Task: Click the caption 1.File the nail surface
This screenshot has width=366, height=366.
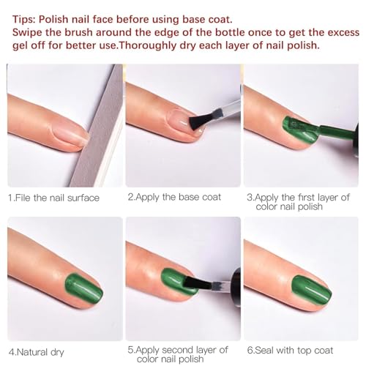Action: pos(54,197)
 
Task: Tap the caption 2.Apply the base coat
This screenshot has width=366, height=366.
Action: pos(175,197)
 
